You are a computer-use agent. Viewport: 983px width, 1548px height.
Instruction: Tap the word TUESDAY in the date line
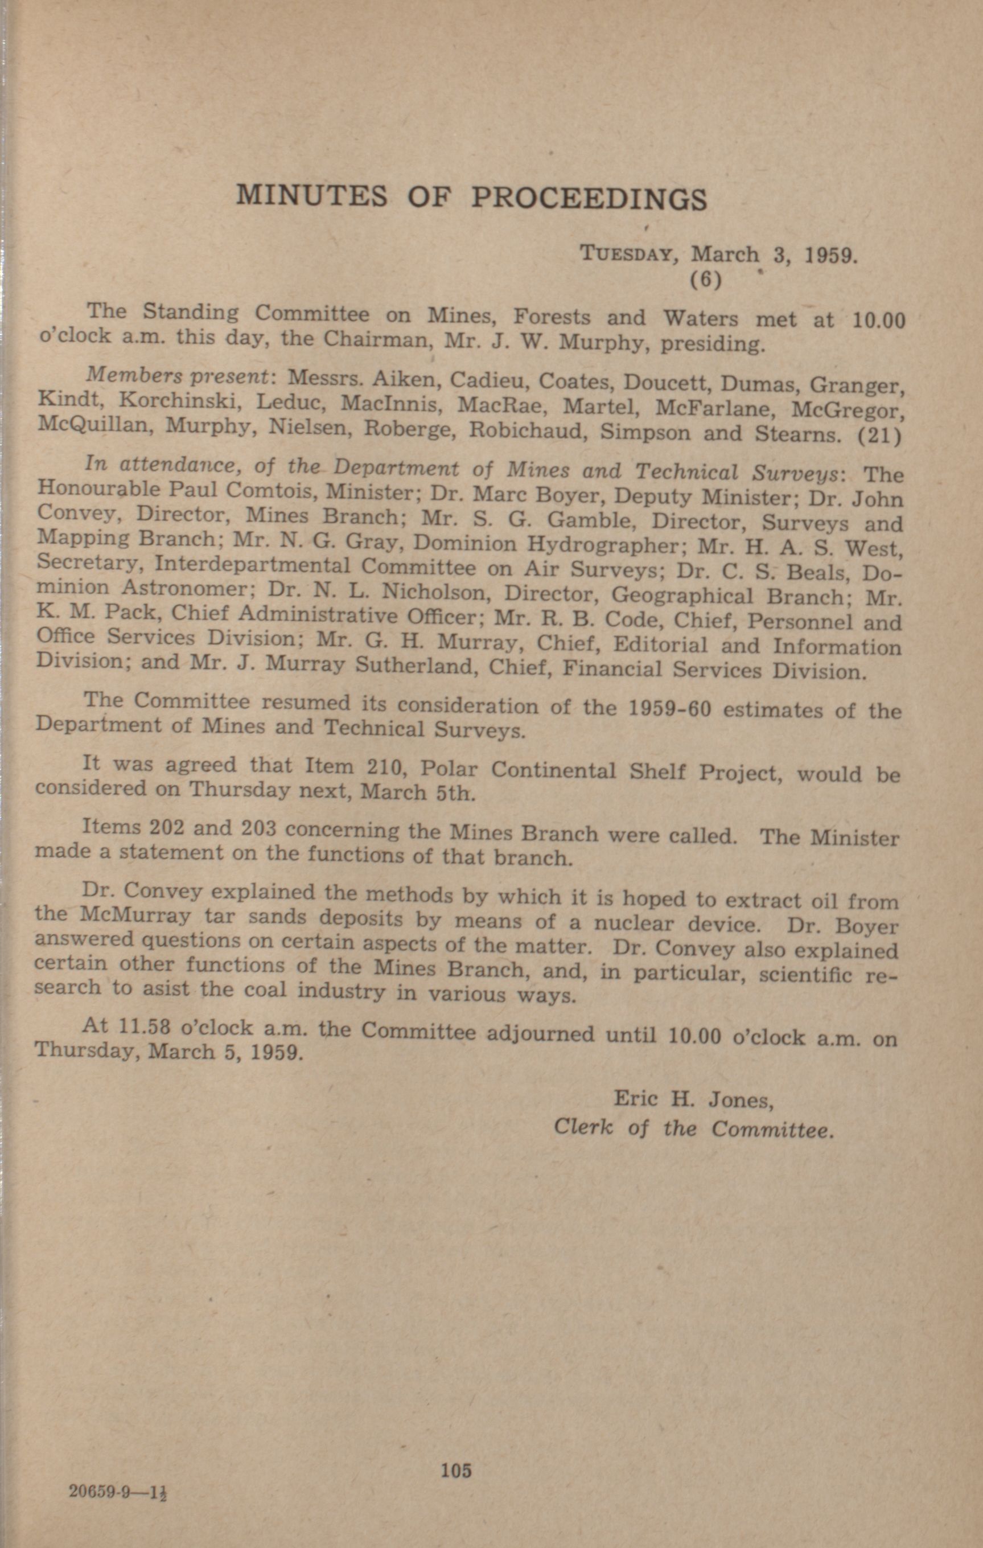click(x=626, y=253)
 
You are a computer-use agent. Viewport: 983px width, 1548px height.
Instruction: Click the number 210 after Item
click(x=384, y=767)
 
